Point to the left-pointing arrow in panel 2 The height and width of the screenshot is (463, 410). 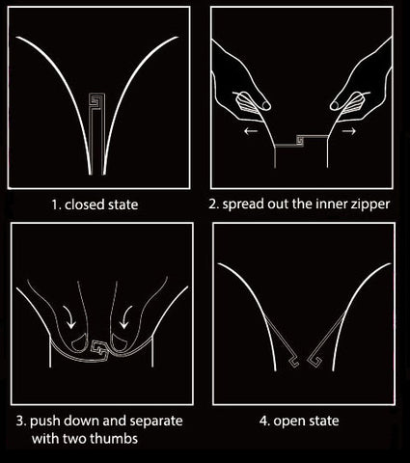[251, 131]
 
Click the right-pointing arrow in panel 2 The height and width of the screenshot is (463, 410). [349, 131]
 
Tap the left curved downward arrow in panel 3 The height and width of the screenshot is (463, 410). [68, 316]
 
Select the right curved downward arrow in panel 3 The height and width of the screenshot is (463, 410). [126, 316]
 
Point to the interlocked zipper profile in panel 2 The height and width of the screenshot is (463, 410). [301, 141]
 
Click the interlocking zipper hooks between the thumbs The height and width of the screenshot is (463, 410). [100, 351]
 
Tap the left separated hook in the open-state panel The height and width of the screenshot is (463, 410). [293, 362]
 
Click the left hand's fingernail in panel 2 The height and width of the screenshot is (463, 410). [265, 105]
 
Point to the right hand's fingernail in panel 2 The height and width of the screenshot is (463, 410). [335, 105]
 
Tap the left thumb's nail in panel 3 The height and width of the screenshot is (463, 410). [78, 343]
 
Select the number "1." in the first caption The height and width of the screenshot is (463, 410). [56, 204]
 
